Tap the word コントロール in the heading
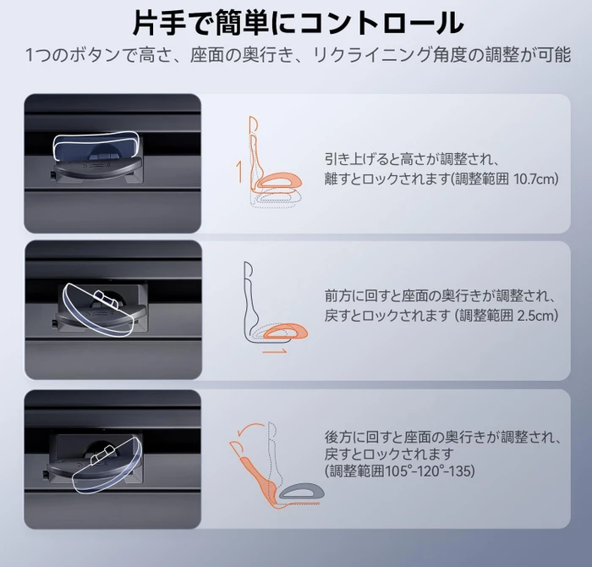click(x=381, y=24)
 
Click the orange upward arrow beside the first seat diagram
click(x=238, y=171)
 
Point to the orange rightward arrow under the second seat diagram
click(x=274, y=352)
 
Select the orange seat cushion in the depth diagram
click(x=286, y=331)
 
